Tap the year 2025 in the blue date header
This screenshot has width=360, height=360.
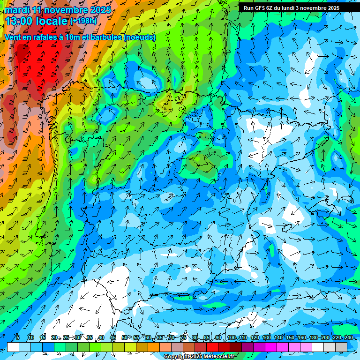99,10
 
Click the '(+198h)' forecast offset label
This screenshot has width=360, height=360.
83,21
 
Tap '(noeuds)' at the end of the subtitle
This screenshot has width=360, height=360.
139,37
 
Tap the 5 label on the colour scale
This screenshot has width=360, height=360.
18,337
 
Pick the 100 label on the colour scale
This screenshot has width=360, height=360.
231,337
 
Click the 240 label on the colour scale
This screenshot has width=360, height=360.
348,337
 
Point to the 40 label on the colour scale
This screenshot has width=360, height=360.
101,337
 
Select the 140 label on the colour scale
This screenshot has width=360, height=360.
278,337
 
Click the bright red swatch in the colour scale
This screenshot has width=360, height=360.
212,347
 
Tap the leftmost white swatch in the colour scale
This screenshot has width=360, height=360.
13,347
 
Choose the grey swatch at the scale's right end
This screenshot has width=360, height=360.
341,347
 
